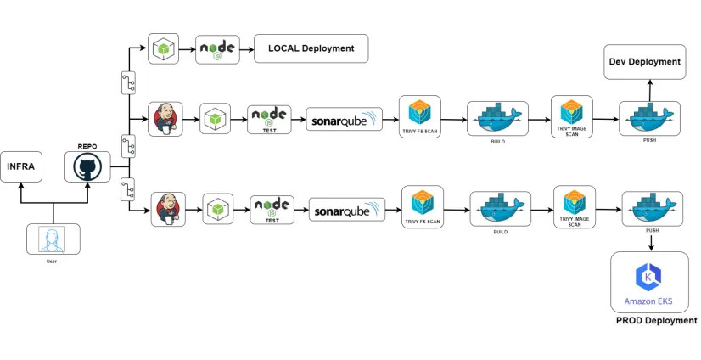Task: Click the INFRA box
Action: pyautogui.click(x=20, y=166)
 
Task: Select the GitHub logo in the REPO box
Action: pyautogui.click(x=87, y=166)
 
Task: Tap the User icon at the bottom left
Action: pyautogui.click(x=53, y=239)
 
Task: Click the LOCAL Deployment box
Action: pyautogui.click(x=311, y=48)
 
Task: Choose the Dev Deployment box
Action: pyautogui.click(x=645, y=61)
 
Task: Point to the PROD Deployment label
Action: pyautogui.click(x=656, y=321)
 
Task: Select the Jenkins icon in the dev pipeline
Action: pyautogui.click(x=165, y=119)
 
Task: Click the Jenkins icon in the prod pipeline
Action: pyautogui.click(x=168, y=209)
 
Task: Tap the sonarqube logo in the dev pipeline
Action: pyautogui.click(x=344, y=119)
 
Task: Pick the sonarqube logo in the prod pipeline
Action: pyautogui.click(x=347, y=210)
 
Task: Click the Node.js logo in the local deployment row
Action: pyautogui.click(x=218, y=48)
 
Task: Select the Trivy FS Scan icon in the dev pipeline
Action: pyautogui.click(x=419, y=114)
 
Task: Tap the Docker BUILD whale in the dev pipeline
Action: pyautogui.click(x=497, y=119)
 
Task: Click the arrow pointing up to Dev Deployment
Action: pyautogui.click(x=650, y=89)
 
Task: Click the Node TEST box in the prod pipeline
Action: pyautogui.click(x=272, y=209)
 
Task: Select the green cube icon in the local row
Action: pyautogui.click(x=164, y=48)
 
